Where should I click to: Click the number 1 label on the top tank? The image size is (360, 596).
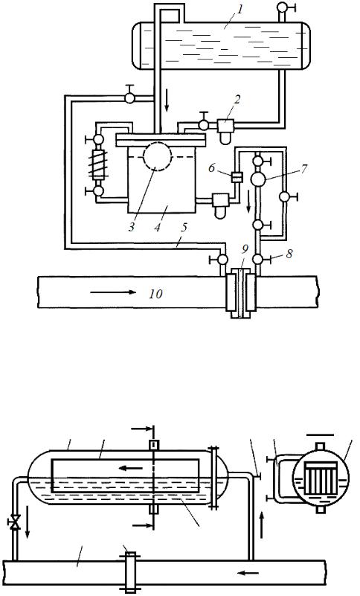coord(240,10)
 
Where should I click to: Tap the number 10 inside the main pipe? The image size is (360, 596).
coord(156,294)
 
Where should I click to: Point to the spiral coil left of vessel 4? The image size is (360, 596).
coord(98,164)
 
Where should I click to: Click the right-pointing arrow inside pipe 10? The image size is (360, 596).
coord(113,292)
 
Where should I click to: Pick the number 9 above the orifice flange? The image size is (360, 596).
coord(245,249)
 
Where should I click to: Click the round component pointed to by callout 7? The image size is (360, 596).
coord(259,179)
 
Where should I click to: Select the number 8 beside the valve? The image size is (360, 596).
coord(289,254)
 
